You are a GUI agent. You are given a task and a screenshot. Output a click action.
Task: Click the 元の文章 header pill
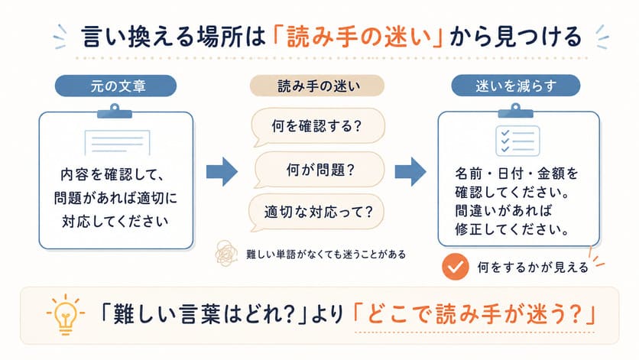(x=115, y=86)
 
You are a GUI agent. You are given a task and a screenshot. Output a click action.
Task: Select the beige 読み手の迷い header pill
(x=317, y=86)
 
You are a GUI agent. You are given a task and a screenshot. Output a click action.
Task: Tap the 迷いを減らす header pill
(x=515, y=86)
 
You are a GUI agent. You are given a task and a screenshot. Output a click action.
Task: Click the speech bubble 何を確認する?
(x=317, y=126)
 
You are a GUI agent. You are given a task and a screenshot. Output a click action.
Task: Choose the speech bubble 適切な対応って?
(x=316, y=212)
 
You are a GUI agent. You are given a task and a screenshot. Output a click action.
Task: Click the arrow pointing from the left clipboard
(x=222, y=172)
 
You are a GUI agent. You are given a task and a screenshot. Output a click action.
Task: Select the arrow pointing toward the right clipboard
(x=410, y=172)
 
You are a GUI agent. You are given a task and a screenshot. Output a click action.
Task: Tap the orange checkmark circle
(x=456, y=267)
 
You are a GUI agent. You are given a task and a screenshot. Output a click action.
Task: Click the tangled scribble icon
(x=226, y=253)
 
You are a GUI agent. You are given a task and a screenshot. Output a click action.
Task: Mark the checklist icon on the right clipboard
(x=517, y=141)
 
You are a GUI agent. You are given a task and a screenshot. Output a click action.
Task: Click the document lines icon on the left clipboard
(x=118, y=142)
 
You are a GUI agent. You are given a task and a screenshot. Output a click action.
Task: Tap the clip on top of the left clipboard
(x=115, y=112)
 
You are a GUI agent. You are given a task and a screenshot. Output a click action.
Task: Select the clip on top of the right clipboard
(x=515, y=111)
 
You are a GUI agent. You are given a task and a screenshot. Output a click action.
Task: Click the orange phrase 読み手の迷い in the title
(x=358, y=37)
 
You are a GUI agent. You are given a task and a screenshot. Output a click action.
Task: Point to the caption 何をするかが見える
(x=533, y=268)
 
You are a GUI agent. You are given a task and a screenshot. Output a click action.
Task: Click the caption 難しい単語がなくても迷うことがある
(x=326, y=255)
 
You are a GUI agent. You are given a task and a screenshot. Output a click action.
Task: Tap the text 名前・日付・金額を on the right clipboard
(x=517, y=174)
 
